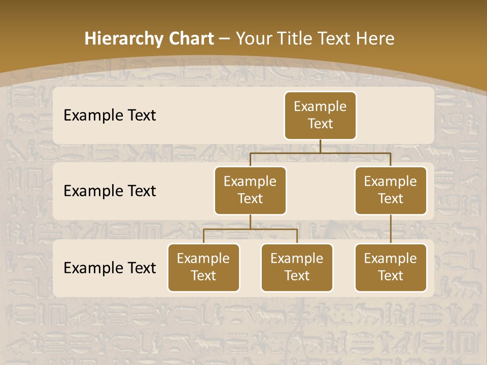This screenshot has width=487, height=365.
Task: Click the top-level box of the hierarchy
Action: [320, 116]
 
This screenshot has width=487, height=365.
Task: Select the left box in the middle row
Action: [250, 191]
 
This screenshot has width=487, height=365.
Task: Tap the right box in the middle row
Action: [391, 191]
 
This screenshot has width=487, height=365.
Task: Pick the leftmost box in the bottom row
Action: [203, 268]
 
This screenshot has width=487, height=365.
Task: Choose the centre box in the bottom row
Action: [297, 268]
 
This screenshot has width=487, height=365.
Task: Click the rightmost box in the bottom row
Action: [391, 268]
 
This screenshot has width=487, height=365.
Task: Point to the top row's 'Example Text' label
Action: [110, 116]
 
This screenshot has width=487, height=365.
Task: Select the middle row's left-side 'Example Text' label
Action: [110, 191]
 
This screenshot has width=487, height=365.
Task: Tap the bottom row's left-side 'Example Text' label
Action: [110, 268]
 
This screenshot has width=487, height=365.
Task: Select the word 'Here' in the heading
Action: [375, 39]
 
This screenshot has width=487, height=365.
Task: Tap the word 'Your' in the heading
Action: [254, 39]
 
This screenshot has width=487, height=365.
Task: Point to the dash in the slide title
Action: [225, 39]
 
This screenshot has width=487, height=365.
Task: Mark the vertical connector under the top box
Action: [320, 146]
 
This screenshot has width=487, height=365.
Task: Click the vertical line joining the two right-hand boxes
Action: [391, 229]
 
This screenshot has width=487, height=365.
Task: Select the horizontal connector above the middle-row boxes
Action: [320, 153]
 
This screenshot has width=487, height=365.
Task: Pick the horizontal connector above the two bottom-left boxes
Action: [250, 229]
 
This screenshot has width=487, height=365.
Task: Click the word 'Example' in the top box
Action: [320, 107]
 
